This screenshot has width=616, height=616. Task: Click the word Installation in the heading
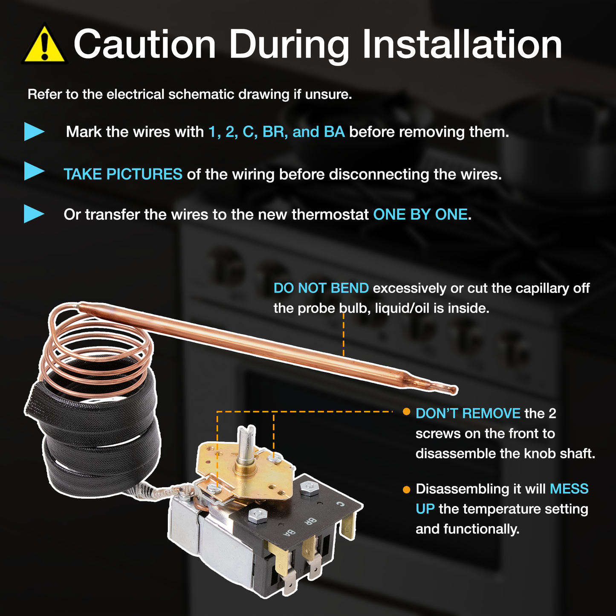(462, 44)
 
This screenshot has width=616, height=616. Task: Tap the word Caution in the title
(145, 44)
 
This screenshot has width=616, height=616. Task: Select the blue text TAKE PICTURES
(123, 174)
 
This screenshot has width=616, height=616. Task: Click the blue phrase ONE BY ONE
(420, 214)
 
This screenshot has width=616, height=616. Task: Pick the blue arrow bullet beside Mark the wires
(34, 131)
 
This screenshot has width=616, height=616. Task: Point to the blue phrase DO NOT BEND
(321, 288)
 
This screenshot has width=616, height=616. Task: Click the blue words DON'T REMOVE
(468, 413)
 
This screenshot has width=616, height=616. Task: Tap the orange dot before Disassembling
(406, 489)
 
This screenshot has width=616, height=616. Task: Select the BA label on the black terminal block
(289, 533)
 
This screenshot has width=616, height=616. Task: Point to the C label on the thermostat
(340, 504)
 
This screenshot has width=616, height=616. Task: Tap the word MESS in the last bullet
(569, 489)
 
